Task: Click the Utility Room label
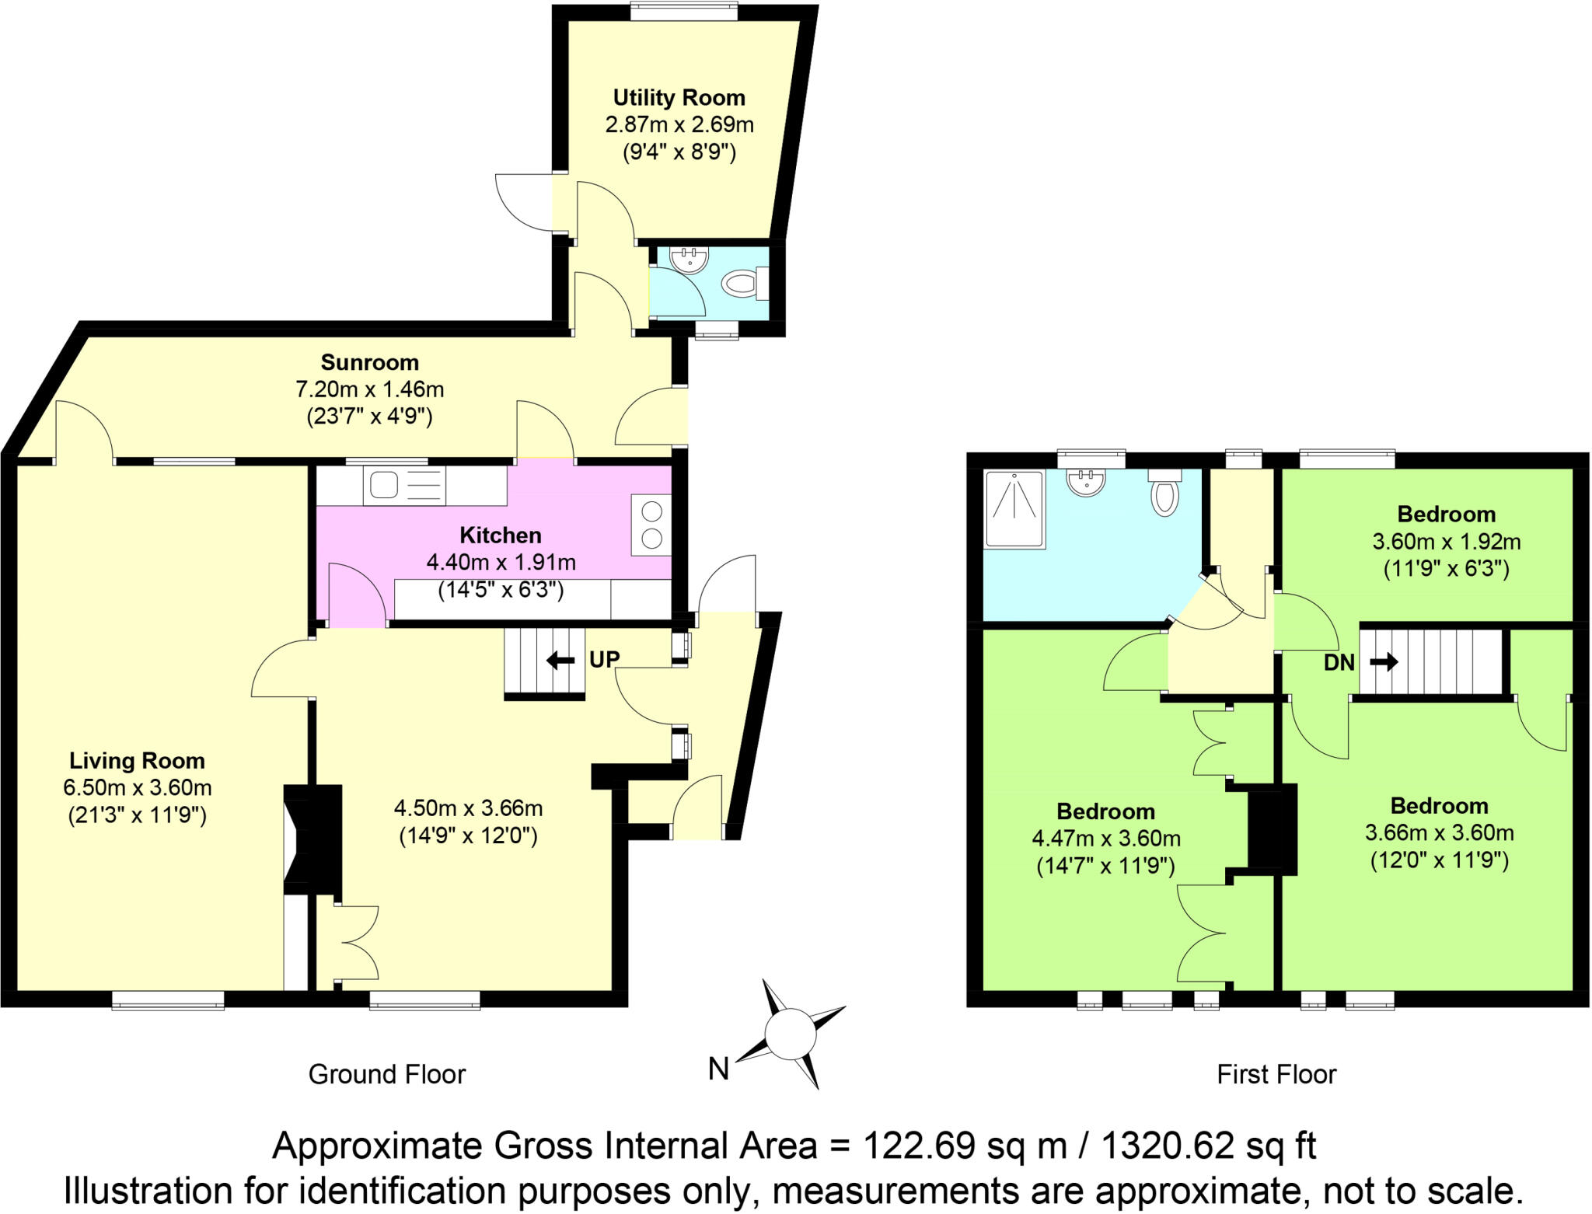(x=679, y=98)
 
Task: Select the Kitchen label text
(x=500, y=535)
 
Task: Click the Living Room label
(x=137, y=760)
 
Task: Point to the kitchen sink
(x=384, y=486)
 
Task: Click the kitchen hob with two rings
(x=651, y=525)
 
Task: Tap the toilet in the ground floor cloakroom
(x=742, y=283)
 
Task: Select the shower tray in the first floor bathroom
(x=1014, y=509)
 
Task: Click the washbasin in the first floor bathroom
(x=1087, y=482)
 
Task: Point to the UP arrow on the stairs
(x=560, y=661)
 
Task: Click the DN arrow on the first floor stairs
(x=1383, y=662)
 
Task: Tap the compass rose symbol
(x=790, y=1034)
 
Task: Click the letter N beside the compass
(x=718, y=1069)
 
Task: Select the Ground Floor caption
(x=386, y=1074)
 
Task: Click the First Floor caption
(x=1276, y=1074)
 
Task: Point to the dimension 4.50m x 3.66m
(x=468, y=808)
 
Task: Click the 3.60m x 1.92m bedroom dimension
(x=1446, y=541)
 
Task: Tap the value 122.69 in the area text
(x=919, y=1146)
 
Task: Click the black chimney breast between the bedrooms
(x=1273, y=829)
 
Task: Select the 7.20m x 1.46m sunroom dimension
(x=369, y=389)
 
